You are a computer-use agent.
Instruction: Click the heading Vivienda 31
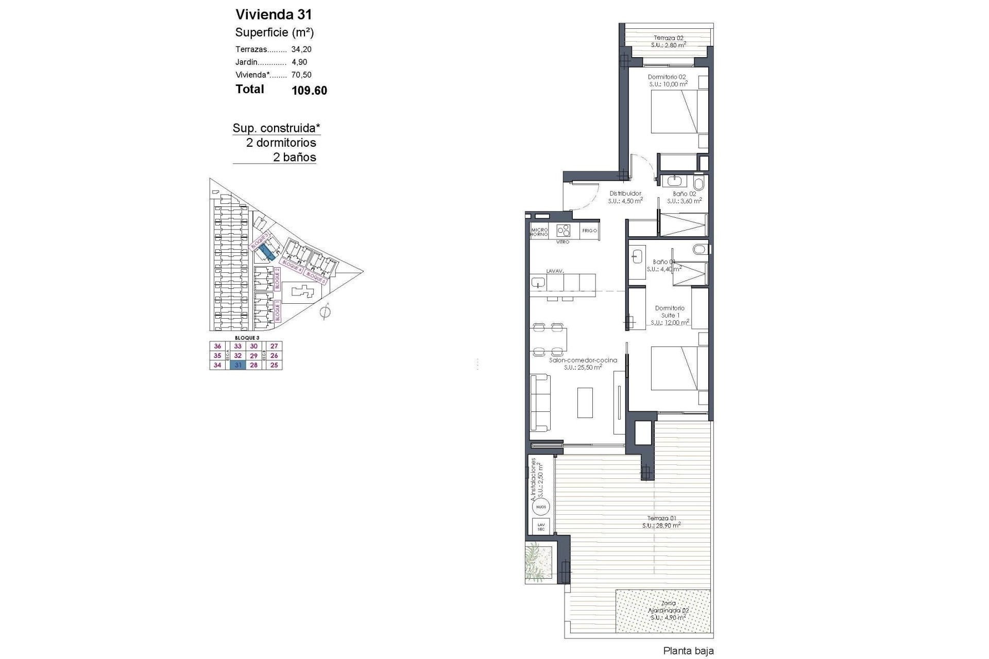274,14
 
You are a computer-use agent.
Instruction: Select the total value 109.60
309,91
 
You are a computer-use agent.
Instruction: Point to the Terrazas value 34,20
301,49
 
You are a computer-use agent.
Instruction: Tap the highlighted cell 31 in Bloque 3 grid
238,365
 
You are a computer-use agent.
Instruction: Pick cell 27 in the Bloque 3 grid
274,346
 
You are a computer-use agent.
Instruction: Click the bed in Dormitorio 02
674,112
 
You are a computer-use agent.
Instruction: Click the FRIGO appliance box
589,231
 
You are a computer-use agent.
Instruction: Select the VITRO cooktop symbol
564,230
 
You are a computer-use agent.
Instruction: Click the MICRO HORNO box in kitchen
539,231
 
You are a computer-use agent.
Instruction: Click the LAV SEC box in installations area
540,527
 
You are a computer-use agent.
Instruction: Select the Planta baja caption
688,651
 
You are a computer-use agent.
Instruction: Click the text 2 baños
294,158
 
